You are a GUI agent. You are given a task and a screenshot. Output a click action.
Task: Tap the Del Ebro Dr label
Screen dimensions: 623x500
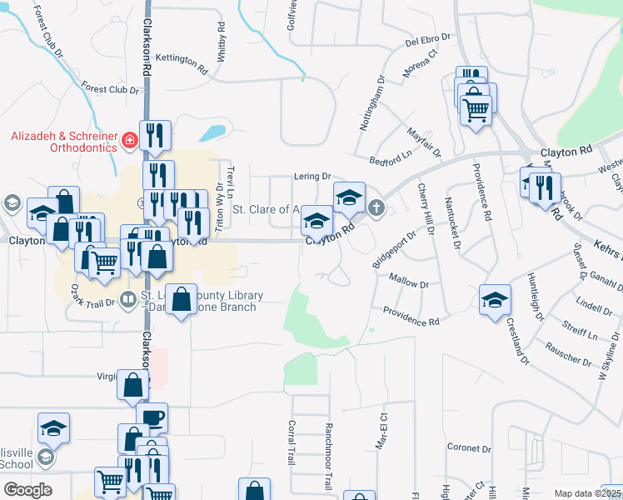pyautogui.click(x=427, y=38)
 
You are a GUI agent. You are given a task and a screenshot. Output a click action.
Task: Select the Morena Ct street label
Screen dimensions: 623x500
pyautogui.click(x=421, y=64)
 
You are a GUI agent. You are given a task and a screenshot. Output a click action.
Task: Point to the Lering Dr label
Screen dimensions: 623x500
pyautogui.click(x=313, y=177)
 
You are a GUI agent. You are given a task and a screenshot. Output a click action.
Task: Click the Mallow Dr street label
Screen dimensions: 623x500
pyautogui.click(x=408, y=284)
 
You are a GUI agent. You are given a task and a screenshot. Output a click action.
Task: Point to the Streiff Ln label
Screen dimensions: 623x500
pyautogui.click(x=580, y=327)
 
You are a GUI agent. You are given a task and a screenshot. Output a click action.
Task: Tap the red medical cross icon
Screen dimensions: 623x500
pyautogui.click(x=129, y=140)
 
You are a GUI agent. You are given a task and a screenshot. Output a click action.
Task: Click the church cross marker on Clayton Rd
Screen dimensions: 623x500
pyautogui.click(x=376, y=207)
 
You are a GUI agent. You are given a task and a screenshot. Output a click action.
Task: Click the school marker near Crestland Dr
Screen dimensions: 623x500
pyautogui.click(x=495, y=300)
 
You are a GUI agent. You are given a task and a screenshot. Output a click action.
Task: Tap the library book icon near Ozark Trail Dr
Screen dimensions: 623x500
pyautogui.click(x=127, y=298)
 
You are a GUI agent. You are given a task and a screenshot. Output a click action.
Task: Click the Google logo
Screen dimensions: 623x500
pyautogui.click(x=28, y=490)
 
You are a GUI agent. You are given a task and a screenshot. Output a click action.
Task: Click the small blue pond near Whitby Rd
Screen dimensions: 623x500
pyautogui.click(x=212, y=132)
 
